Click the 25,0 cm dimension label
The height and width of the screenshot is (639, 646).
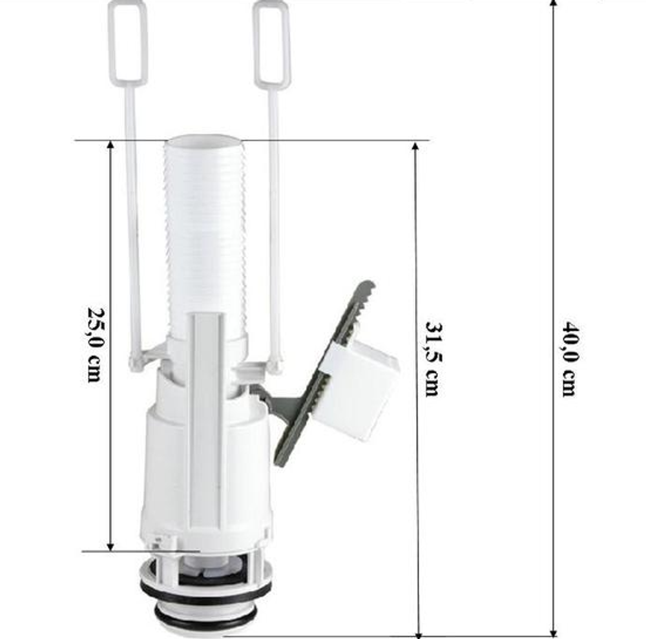point(94,345)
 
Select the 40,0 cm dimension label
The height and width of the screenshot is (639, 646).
point(570,359)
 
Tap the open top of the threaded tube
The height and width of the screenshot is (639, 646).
point(204,140)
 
